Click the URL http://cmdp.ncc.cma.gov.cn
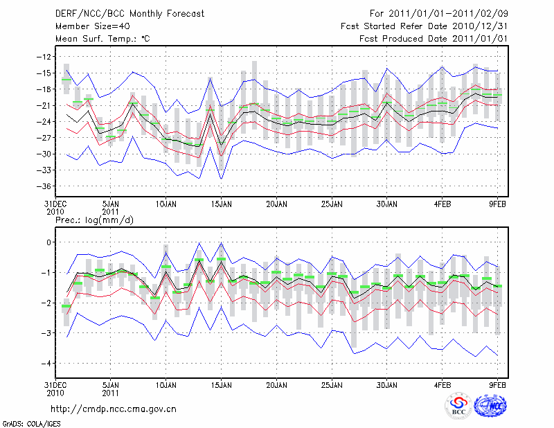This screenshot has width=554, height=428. pos(114,409)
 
